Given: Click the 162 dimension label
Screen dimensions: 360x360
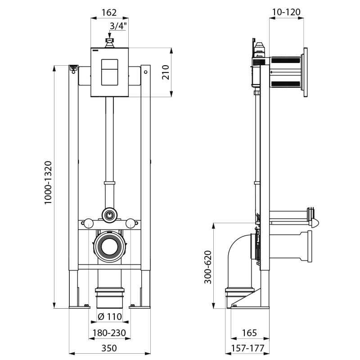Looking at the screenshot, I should [x=109, y=12].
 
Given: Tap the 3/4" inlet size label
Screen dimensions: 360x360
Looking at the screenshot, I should [x=118, y=26].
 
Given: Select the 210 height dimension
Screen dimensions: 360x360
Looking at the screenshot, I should [x=165, y=72].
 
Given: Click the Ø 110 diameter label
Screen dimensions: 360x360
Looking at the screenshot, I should [x=110, y=317].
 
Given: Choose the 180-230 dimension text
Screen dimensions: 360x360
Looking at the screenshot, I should [x=109, y=333].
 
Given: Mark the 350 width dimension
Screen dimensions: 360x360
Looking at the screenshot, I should [x=109, y=348].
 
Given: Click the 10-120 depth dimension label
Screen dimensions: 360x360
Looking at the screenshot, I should [x=287, y=12].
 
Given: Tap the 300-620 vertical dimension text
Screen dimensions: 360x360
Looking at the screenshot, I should [x=207, y=267].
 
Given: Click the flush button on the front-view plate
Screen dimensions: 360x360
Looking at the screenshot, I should [x=109, y=72].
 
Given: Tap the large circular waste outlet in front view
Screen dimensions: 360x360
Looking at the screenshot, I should [x=109, y=246].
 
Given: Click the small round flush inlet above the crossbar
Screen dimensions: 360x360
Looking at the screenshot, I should [x=109, y=214].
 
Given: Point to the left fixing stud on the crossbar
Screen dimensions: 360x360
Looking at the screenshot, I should [x=89, y=222].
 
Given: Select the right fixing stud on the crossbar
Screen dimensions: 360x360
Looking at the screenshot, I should [x=130, y=222].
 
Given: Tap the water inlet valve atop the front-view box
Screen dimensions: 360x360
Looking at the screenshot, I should [x=109, y=42].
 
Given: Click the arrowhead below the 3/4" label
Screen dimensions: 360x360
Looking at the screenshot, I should [x=109, y=36].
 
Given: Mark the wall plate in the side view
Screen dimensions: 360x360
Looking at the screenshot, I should [x=306, y=72].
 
